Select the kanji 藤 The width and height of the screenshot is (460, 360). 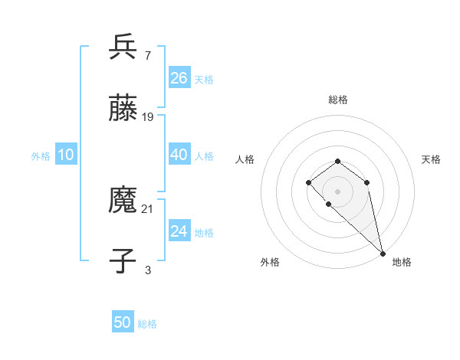pos(123,109)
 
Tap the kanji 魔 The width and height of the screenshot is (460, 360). pos(123,201)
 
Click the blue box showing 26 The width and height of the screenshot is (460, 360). pos(179,78)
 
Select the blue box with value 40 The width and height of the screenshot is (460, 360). pos(179,155)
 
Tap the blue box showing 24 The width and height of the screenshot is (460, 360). pos(179,231)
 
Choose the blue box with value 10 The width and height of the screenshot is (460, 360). pos(66,155)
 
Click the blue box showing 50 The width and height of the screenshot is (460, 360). pos(123,322)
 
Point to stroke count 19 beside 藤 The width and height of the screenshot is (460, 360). pos(148,117)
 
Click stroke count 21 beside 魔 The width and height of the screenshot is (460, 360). pos(148,208)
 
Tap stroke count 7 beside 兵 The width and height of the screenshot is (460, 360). pos(147,55)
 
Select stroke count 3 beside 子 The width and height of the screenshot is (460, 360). pos(147,270)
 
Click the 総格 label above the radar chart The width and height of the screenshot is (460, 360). pos(337,100)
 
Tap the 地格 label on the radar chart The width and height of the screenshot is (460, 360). pos(402,262)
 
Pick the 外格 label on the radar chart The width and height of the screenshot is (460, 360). pos(270,262)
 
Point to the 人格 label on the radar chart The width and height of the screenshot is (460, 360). pos(245,159)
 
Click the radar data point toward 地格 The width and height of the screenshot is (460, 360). pos(383,253)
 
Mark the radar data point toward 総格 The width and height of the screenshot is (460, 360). pos(337,161)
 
